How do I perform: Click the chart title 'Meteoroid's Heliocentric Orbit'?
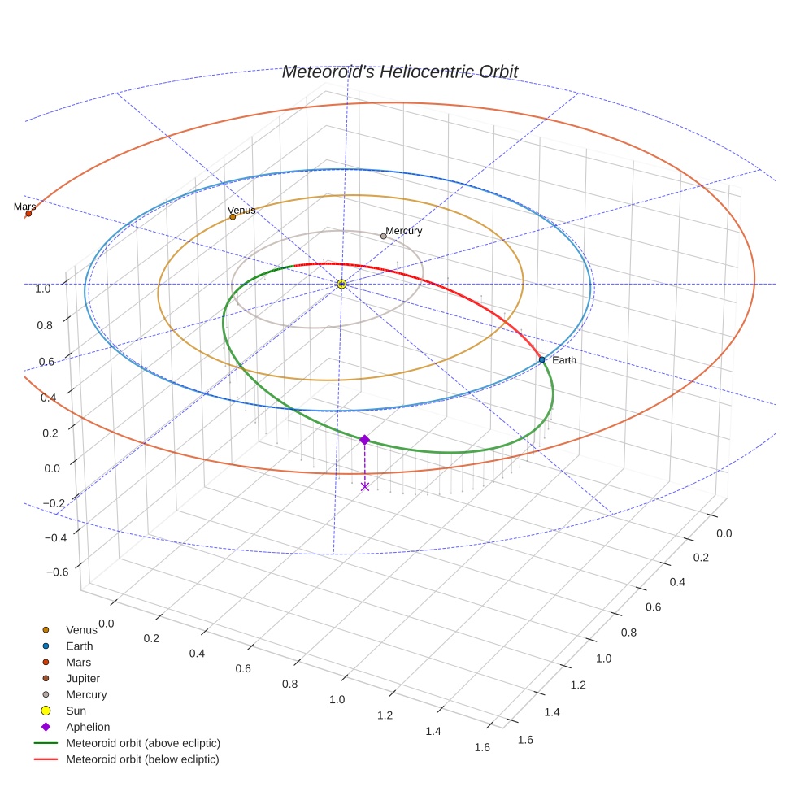[x=399, y=72]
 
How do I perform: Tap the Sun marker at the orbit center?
[x=341, y=284]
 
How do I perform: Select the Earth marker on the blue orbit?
[x=541, y=359]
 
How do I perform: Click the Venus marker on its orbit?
[x=233, y=216]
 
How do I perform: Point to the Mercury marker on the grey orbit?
[x=384, y=236]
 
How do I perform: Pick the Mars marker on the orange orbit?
[x=28, y=214]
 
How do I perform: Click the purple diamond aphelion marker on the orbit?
[x=364, y=439]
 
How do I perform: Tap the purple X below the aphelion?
[x=364, y=486]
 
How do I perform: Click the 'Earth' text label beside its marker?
[x=564, y=359]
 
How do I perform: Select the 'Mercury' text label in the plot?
[x=404, y=231]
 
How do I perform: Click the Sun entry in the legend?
[x=76, y=711]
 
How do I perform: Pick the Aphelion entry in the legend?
[x=88, y=727]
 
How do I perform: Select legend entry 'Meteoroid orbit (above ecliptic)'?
[x=143, y=743]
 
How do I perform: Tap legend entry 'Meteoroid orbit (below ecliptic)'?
[x=142, y=759]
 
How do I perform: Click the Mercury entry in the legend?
[x=86, y=694]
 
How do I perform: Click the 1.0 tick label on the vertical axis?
[x=43, y=288]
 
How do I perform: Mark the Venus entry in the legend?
[x=81, y=629]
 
